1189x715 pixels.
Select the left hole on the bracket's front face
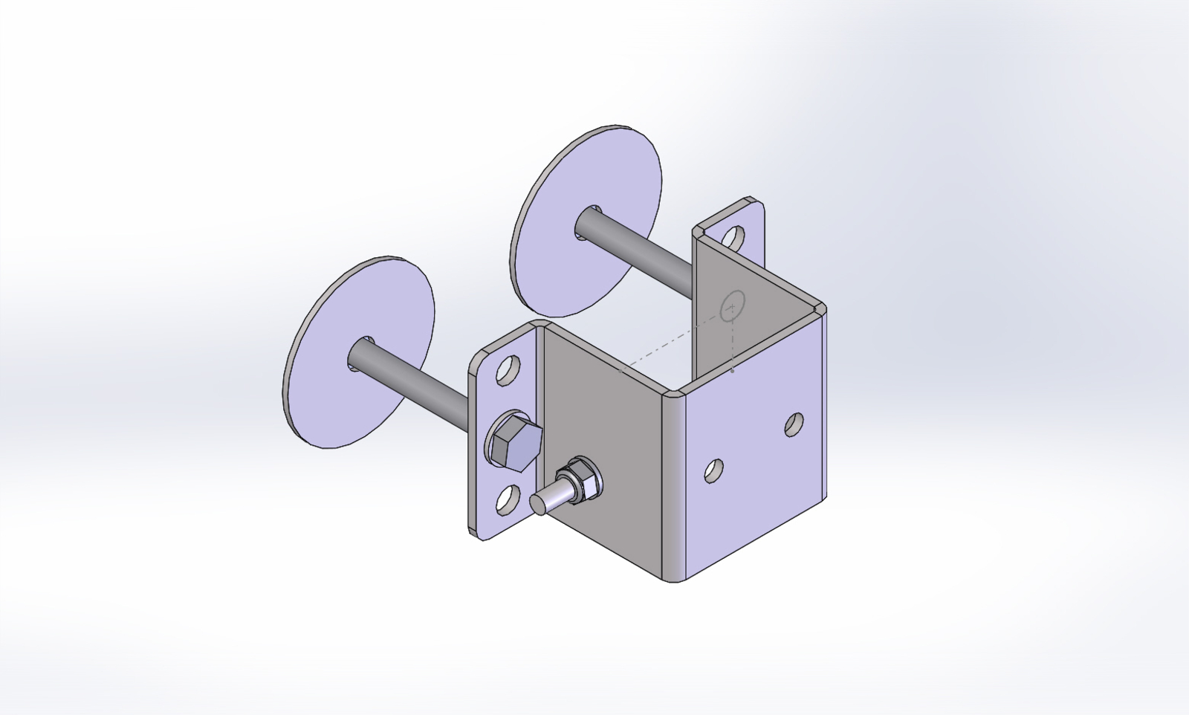tap(714, 470)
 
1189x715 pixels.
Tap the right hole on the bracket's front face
tap(794, 424)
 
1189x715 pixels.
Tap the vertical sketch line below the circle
tap(733, 342)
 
